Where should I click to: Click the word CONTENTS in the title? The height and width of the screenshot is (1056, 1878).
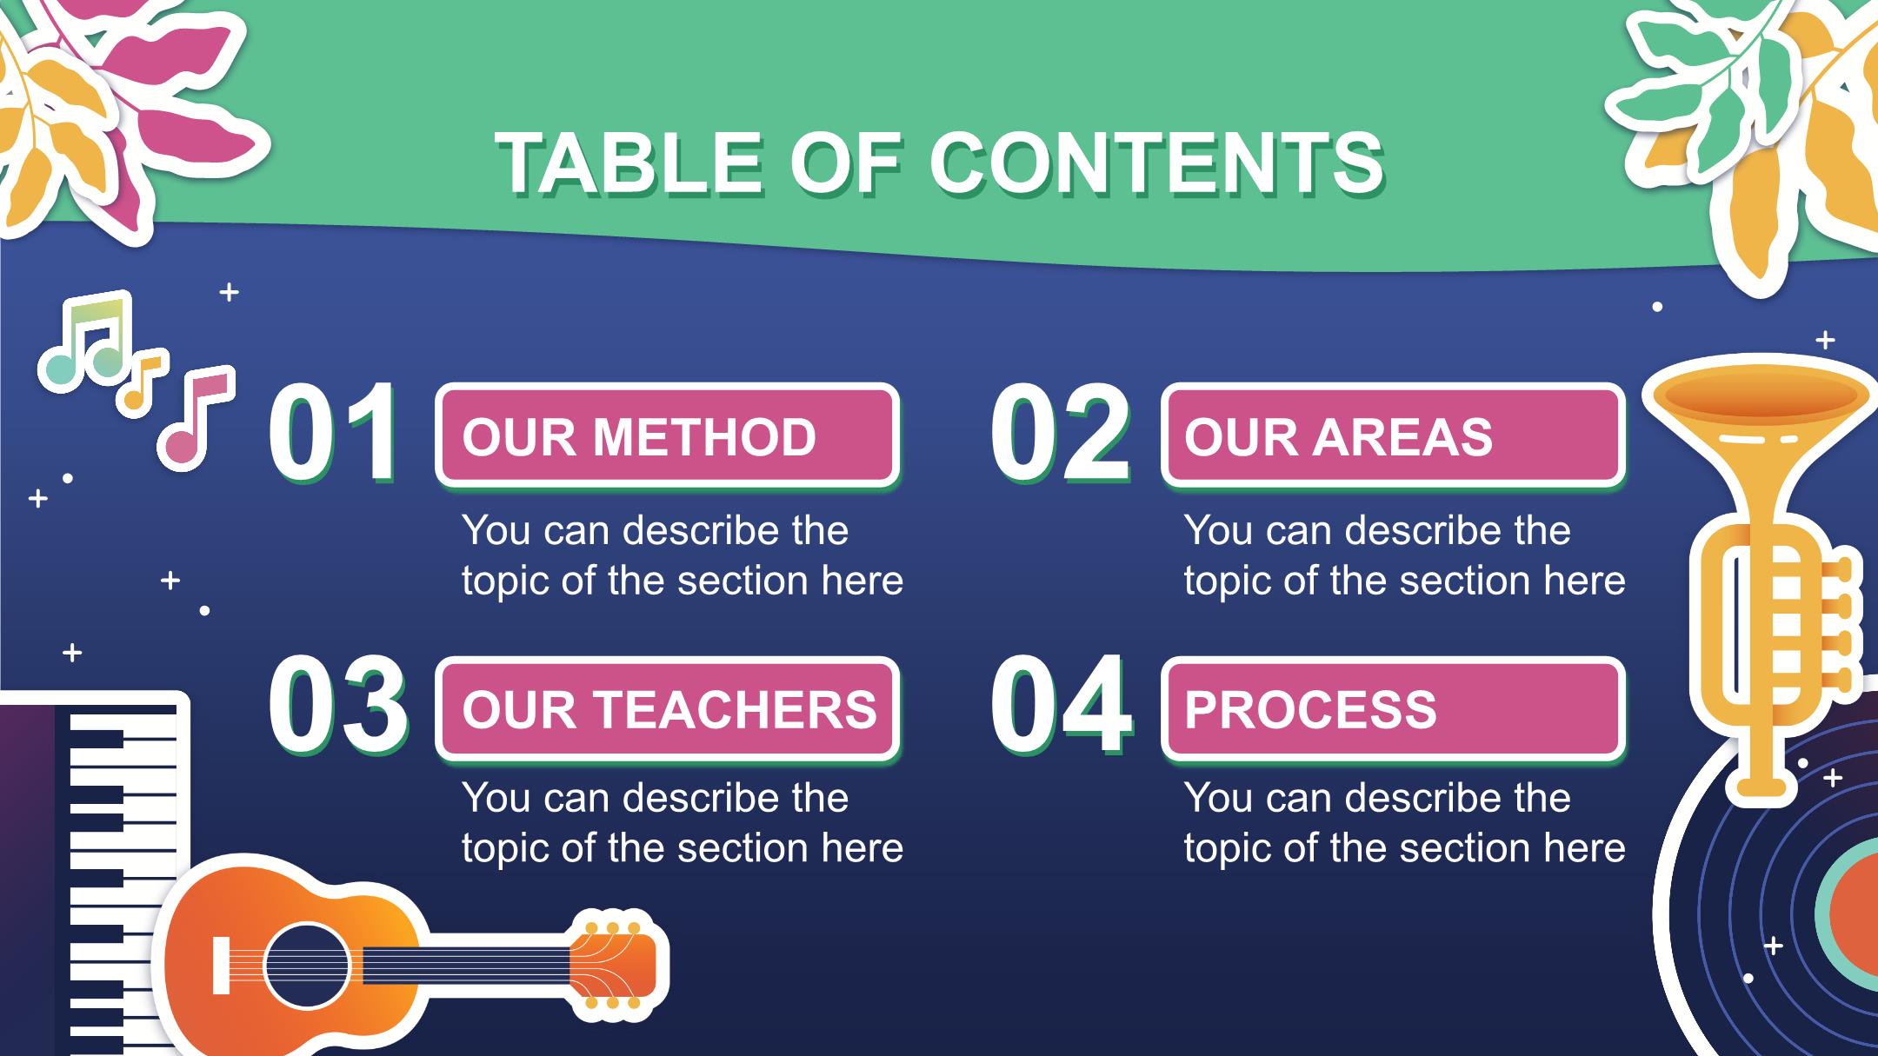click(x=1156, y=163)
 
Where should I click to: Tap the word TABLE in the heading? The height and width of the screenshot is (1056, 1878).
click(x=631, y=163)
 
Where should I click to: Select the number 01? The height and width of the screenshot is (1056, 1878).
click(x=334, y=433)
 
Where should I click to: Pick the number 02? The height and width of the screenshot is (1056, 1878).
click(x=1061, y=433)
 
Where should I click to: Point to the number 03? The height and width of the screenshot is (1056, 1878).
click(x=338, y=706)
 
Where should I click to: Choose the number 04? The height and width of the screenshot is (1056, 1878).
click(x=1062, y=706)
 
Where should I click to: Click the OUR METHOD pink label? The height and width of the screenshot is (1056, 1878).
click(x=667, y=435)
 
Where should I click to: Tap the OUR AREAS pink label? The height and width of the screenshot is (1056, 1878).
click(x=1393, y=435)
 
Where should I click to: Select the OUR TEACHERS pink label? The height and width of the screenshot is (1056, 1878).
click(x=667, y=708)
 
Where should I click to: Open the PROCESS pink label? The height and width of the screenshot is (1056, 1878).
click(x=1393, y=708)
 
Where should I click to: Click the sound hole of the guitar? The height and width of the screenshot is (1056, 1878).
click(x=307, y=966)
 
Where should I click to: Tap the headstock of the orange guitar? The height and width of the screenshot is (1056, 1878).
click(x=614, y=965)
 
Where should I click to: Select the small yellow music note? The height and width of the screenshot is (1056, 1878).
click(x=143, y=382)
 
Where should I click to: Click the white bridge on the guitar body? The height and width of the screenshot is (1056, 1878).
click(x=221, y=966)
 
